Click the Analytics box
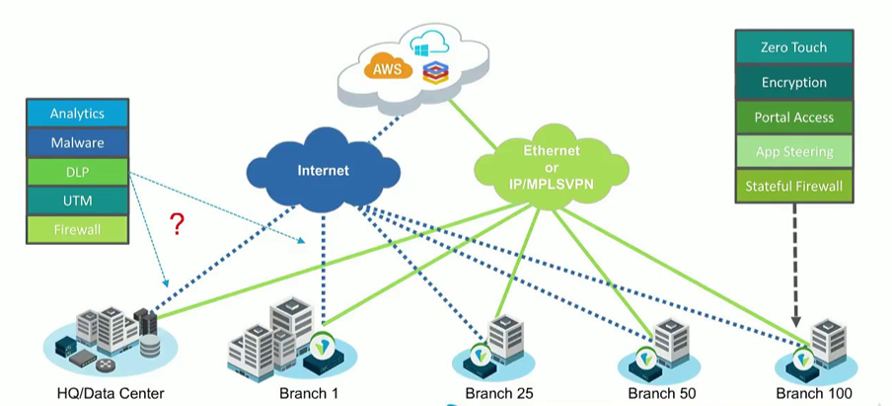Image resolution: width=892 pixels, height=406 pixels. [x=77, y=114]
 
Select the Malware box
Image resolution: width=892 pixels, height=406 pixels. [x=77, y=143]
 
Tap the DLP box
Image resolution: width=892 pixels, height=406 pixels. [x=77, y=172]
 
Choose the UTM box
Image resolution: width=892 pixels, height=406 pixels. [x=77, y=201]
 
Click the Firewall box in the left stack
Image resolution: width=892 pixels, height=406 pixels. [x=77, y=229]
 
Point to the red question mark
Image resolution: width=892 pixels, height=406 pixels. [x=178, y=224]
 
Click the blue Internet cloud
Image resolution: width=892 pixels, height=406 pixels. [x=323, y=171]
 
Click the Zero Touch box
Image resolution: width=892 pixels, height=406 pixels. [x=793, y=47]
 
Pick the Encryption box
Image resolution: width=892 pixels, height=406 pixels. [x=793, y=83]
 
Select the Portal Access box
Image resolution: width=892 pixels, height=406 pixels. [x=793, y=118]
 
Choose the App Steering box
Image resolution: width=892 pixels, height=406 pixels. [x=793, y=151]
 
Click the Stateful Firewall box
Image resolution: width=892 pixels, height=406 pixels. [x=793, y=186]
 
